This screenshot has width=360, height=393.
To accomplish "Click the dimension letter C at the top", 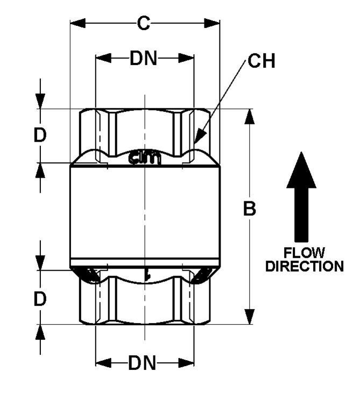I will click(x=144, y=24).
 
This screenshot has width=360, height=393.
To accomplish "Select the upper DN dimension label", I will click(x=144, y=59).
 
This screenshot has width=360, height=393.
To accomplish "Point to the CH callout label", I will click(x=261, y=62).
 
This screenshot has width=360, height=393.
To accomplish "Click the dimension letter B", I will click(x=249, y=209).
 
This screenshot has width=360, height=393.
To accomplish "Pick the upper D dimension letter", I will click(x=40, y=136).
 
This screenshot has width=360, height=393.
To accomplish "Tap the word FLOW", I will click(x=305, y=252).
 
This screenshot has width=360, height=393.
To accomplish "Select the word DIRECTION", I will click(x=305, y=266).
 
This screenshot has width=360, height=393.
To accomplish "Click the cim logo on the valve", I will click(x=145, y=158).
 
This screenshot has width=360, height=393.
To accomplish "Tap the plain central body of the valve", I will click(x=145, y=215).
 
